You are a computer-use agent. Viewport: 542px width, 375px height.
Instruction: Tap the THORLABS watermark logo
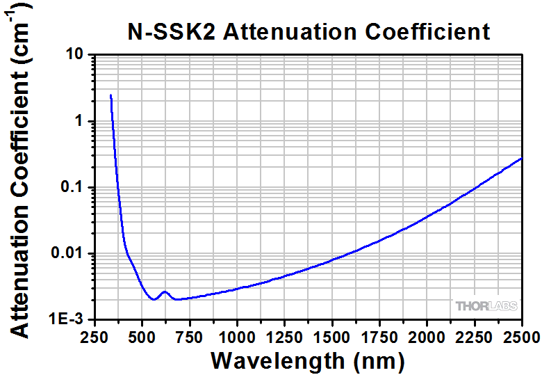484,305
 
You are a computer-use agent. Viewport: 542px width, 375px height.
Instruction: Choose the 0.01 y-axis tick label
67,253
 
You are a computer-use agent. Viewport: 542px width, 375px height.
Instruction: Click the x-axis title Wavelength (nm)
307,360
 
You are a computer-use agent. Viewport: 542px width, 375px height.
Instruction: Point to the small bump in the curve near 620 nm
165,292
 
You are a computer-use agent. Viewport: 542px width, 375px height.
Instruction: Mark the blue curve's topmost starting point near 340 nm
110,95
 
